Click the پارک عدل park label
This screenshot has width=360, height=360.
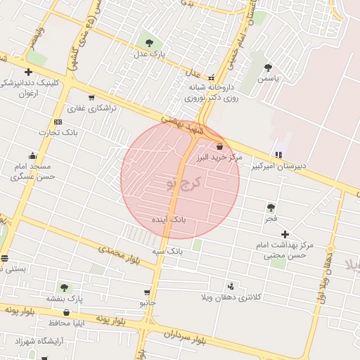pos(149,53)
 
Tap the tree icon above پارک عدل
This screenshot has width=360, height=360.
pos(148,40)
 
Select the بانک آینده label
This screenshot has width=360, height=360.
pos(169,220)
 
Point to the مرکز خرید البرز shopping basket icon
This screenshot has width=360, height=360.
pos(221,147)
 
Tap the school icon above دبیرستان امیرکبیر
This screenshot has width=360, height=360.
pos(280,154)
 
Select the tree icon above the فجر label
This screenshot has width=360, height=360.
pos(271,207)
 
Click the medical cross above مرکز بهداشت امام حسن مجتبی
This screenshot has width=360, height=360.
pos(285,234)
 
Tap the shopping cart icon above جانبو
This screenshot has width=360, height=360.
pos(147,292)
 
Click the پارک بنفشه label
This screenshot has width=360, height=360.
pos(65,299)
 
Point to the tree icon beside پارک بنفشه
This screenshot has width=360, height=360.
pos(65,288)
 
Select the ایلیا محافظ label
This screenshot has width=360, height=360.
pos(67,323)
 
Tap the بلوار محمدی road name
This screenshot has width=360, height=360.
pos(120,255)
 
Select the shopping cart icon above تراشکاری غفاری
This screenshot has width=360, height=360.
pos(91,98)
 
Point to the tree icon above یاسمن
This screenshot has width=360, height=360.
pos(268,67)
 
